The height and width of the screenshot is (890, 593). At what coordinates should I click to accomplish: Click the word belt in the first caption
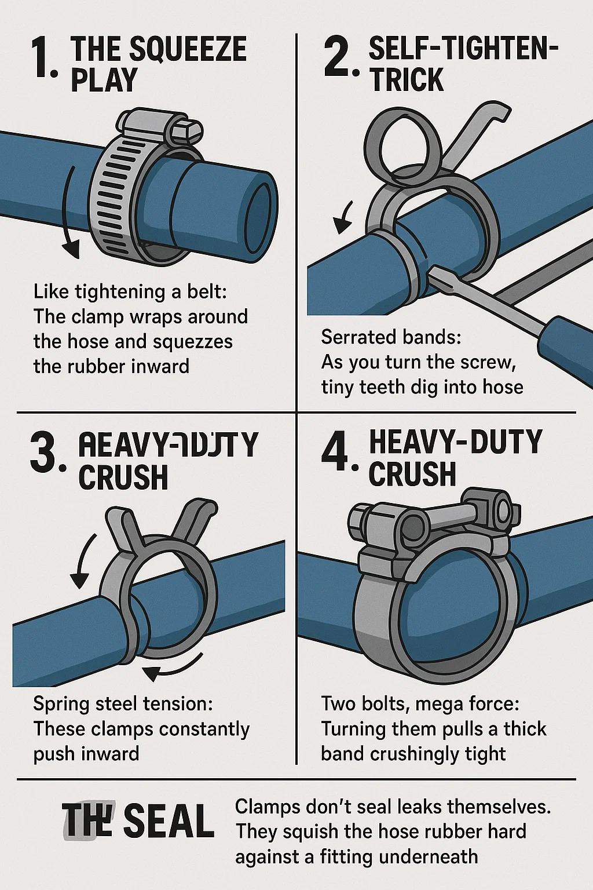pos(206,291)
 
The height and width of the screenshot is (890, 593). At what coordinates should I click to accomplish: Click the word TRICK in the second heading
pos(407,80)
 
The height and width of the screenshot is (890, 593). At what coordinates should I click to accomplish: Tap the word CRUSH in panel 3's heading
pos(123,478)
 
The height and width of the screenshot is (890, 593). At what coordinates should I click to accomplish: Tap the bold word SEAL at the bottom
pos(169,821)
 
